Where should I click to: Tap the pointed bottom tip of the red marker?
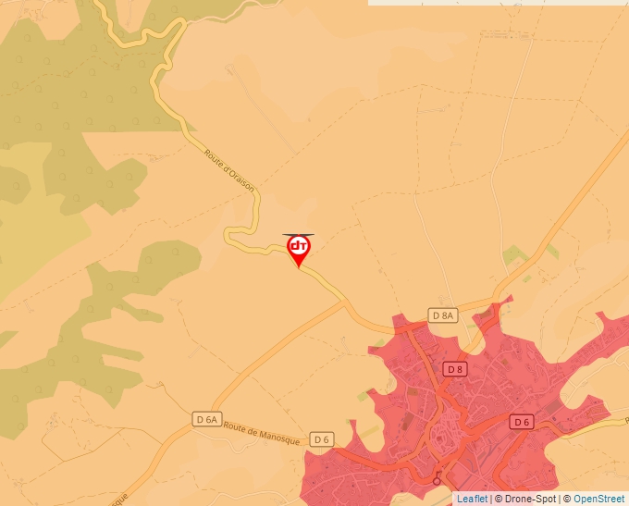(x=299, y=268)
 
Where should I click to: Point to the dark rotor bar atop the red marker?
(x=299, y=235)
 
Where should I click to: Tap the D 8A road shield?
(x=444, y=315)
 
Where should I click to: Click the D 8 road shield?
(x=454, y=369)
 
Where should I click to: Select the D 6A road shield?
(x=207, y=419)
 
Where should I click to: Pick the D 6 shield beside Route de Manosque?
(x=321, y=438)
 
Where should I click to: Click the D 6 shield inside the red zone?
(x=523, y=422)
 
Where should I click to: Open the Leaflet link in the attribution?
(x=472, y=499)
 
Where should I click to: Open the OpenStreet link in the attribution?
(x=600, y=499)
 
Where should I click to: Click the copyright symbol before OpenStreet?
(x=568, y=499)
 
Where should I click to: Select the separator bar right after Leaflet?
(x=490, y=499)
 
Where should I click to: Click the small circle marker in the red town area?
(x=437, y=480)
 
